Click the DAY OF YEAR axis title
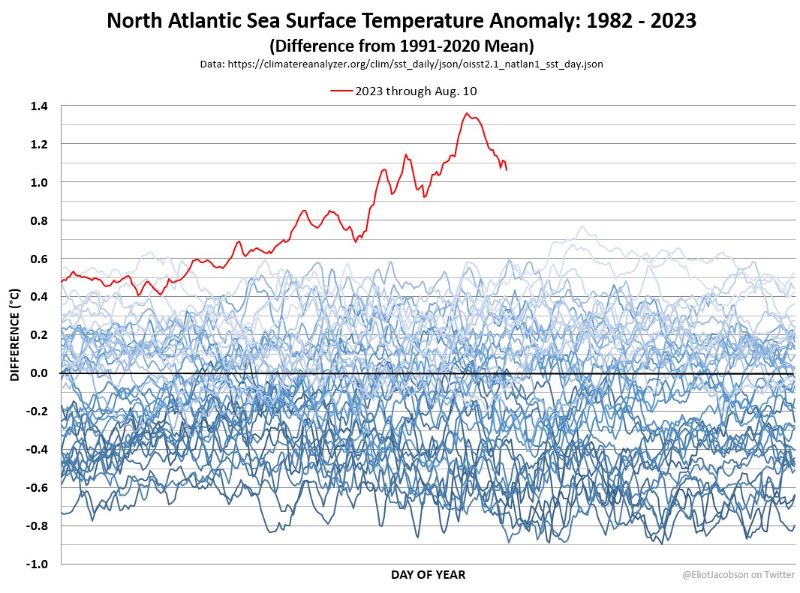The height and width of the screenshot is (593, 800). (427, 575)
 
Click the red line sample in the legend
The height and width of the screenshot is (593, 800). (341, 91)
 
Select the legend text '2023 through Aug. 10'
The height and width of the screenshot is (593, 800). (417, 91)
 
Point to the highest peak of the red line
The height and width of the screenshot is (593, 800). (467, 113)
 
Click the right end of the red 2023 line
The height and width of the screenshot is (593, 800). (507, 170)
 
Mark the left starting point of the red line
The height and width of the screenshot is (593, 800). (62, 282)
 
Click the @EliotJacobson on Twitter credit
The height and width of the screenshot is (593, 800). (738, 575)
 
